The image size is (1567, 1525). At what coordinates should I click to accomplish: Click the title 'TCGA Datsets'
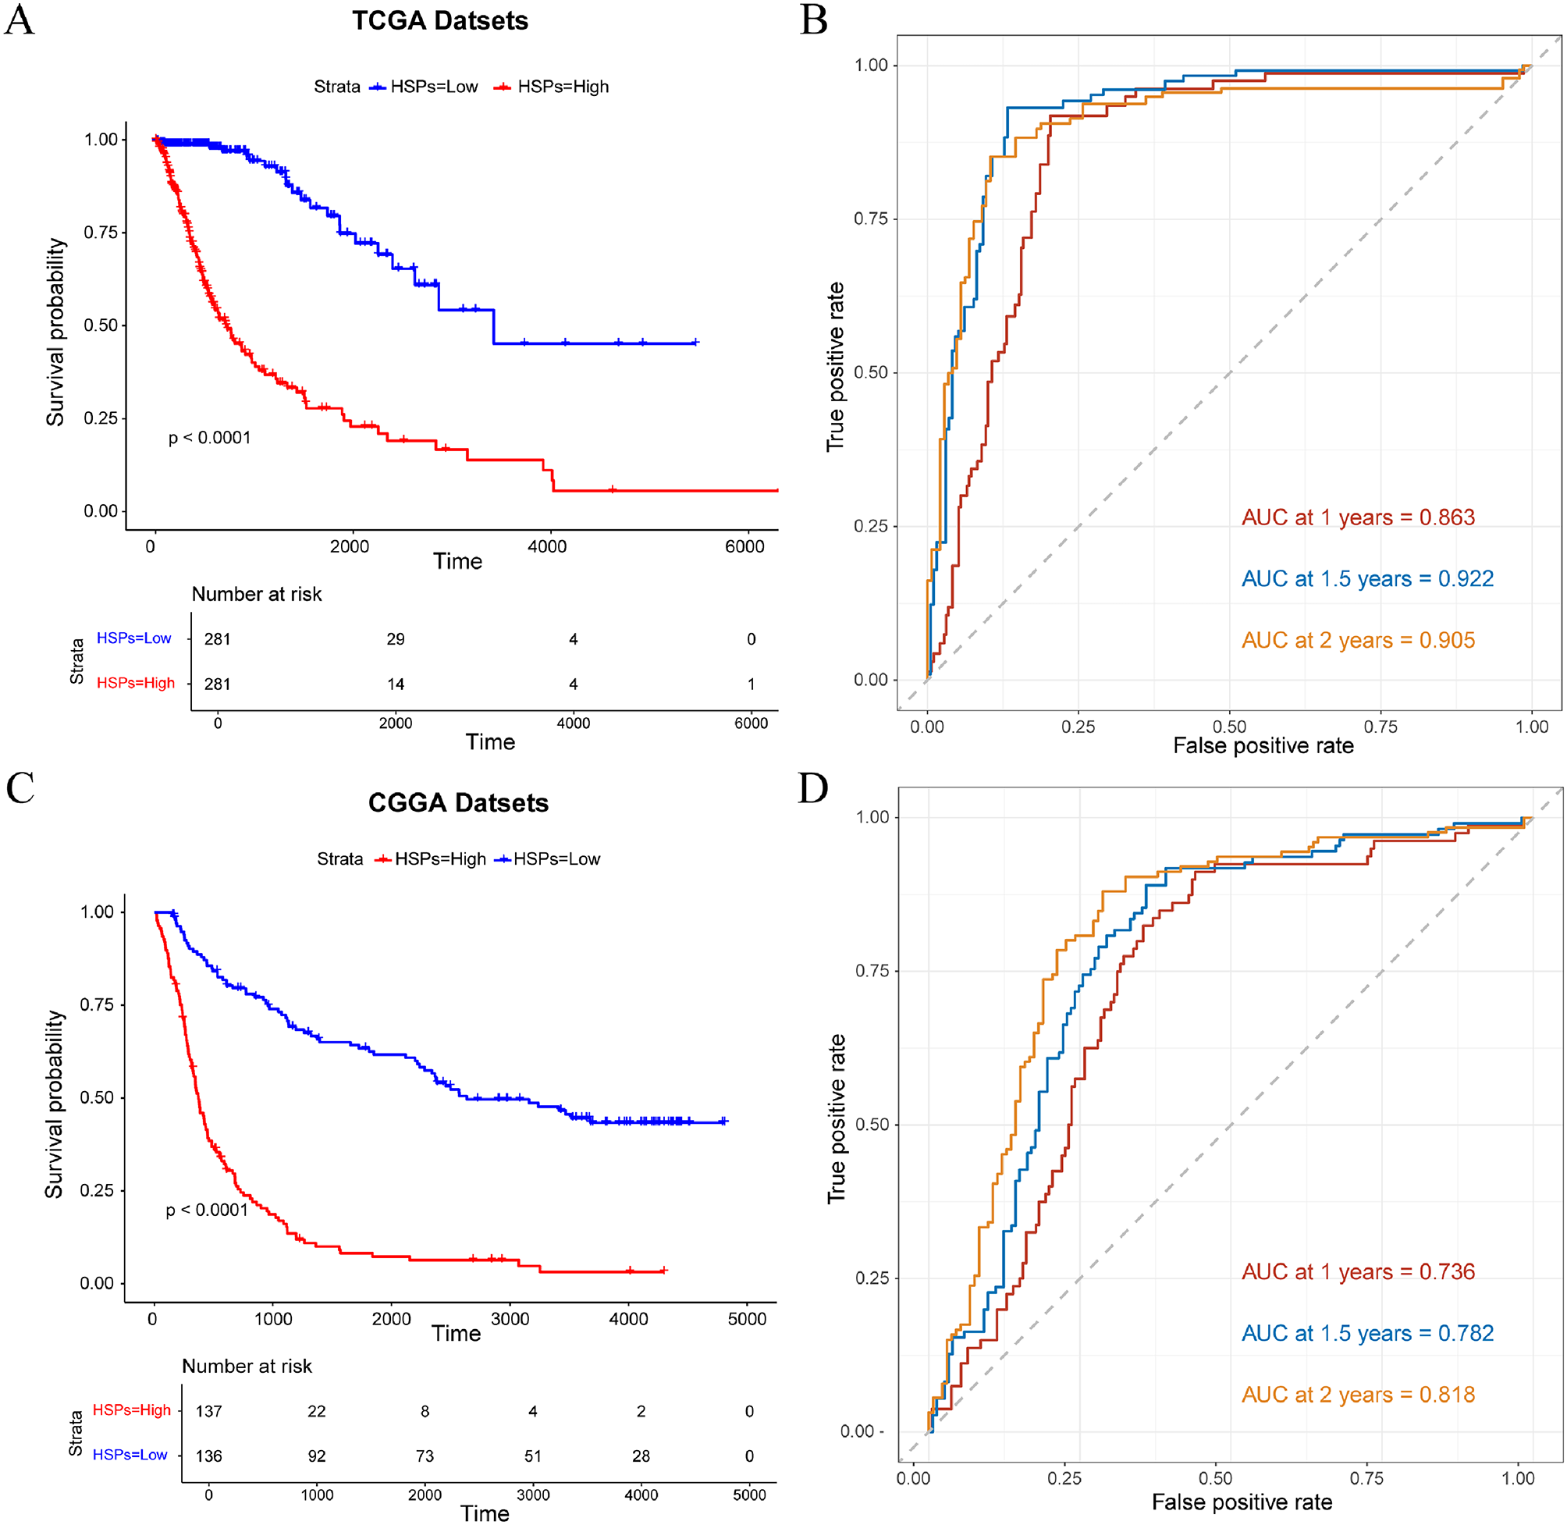(x=439, y=21)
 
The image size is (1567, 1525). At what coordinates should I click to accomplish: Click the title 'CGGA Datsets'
(x=458, y=803)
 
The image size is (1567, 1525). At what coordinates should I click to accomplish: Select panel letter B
(x=813, y=20)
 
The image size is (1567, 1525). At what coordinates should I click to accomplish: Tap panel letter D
(x=812, y=789)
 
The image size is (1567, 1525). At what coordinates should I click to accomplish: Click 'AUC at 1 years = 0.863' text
(x=1358, y=517)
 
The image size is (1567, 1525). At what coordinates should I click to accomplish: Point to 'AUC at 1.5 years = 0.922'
(x=1366, y=579)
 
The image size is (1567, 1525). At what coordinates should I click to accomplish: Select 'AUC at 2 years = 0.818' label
(x=1358, y=1395)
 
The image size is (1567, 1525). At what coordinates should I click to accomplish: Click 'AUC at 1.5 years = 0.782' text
(x=1366, y=1334)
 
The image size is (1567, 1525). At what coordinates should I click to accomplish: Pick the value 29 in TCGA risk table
(x=396, y=639)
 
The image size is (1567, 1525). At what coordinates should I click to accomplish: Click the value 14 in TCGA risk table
(x=396, y=684)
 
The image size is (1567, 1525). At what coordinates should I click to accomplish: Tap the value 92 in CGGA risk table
(x=317, y=1456)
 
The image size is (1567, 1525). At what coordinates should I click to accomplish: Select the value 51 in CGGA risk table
(x=532, y=1456)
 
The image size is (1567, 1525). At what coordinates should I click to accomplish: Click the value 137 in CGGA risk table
(x=209, y=1411)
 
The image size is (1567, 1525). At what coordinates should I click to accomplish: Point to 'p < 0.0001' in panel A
(x=209, y=438)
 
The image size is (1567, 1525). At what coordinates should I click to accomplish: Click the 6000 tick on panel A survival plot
(x=744, y=547)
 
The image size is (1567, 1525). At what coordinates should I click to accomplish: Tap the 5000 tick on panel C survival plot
(x=746, y=1319)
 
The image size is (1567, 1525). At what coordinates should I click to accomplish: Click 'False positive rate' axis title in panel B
(x=1263, y=746)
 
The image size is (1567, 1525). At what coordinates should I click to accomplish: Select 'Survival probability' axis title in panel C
(x=55, y=1104)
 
